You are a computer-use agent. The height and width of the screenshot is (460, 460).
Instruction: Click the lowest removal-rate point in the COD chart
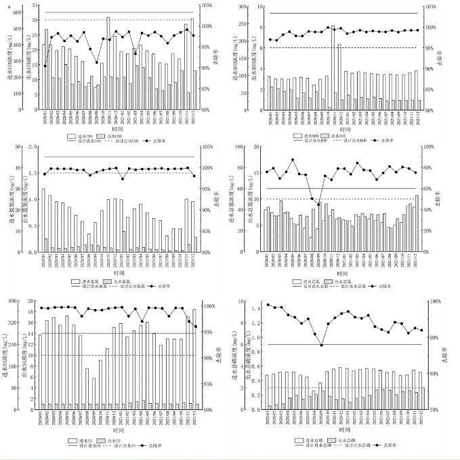coord(45,66)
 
